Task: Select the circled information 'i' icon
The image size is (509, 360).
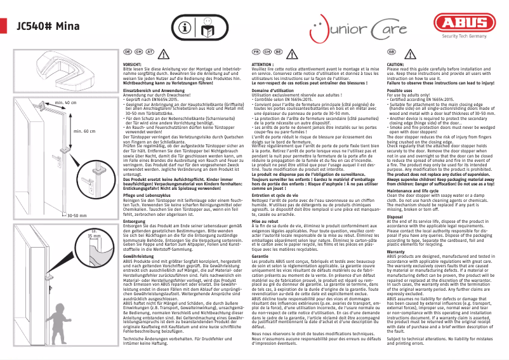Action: point(184,27)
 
